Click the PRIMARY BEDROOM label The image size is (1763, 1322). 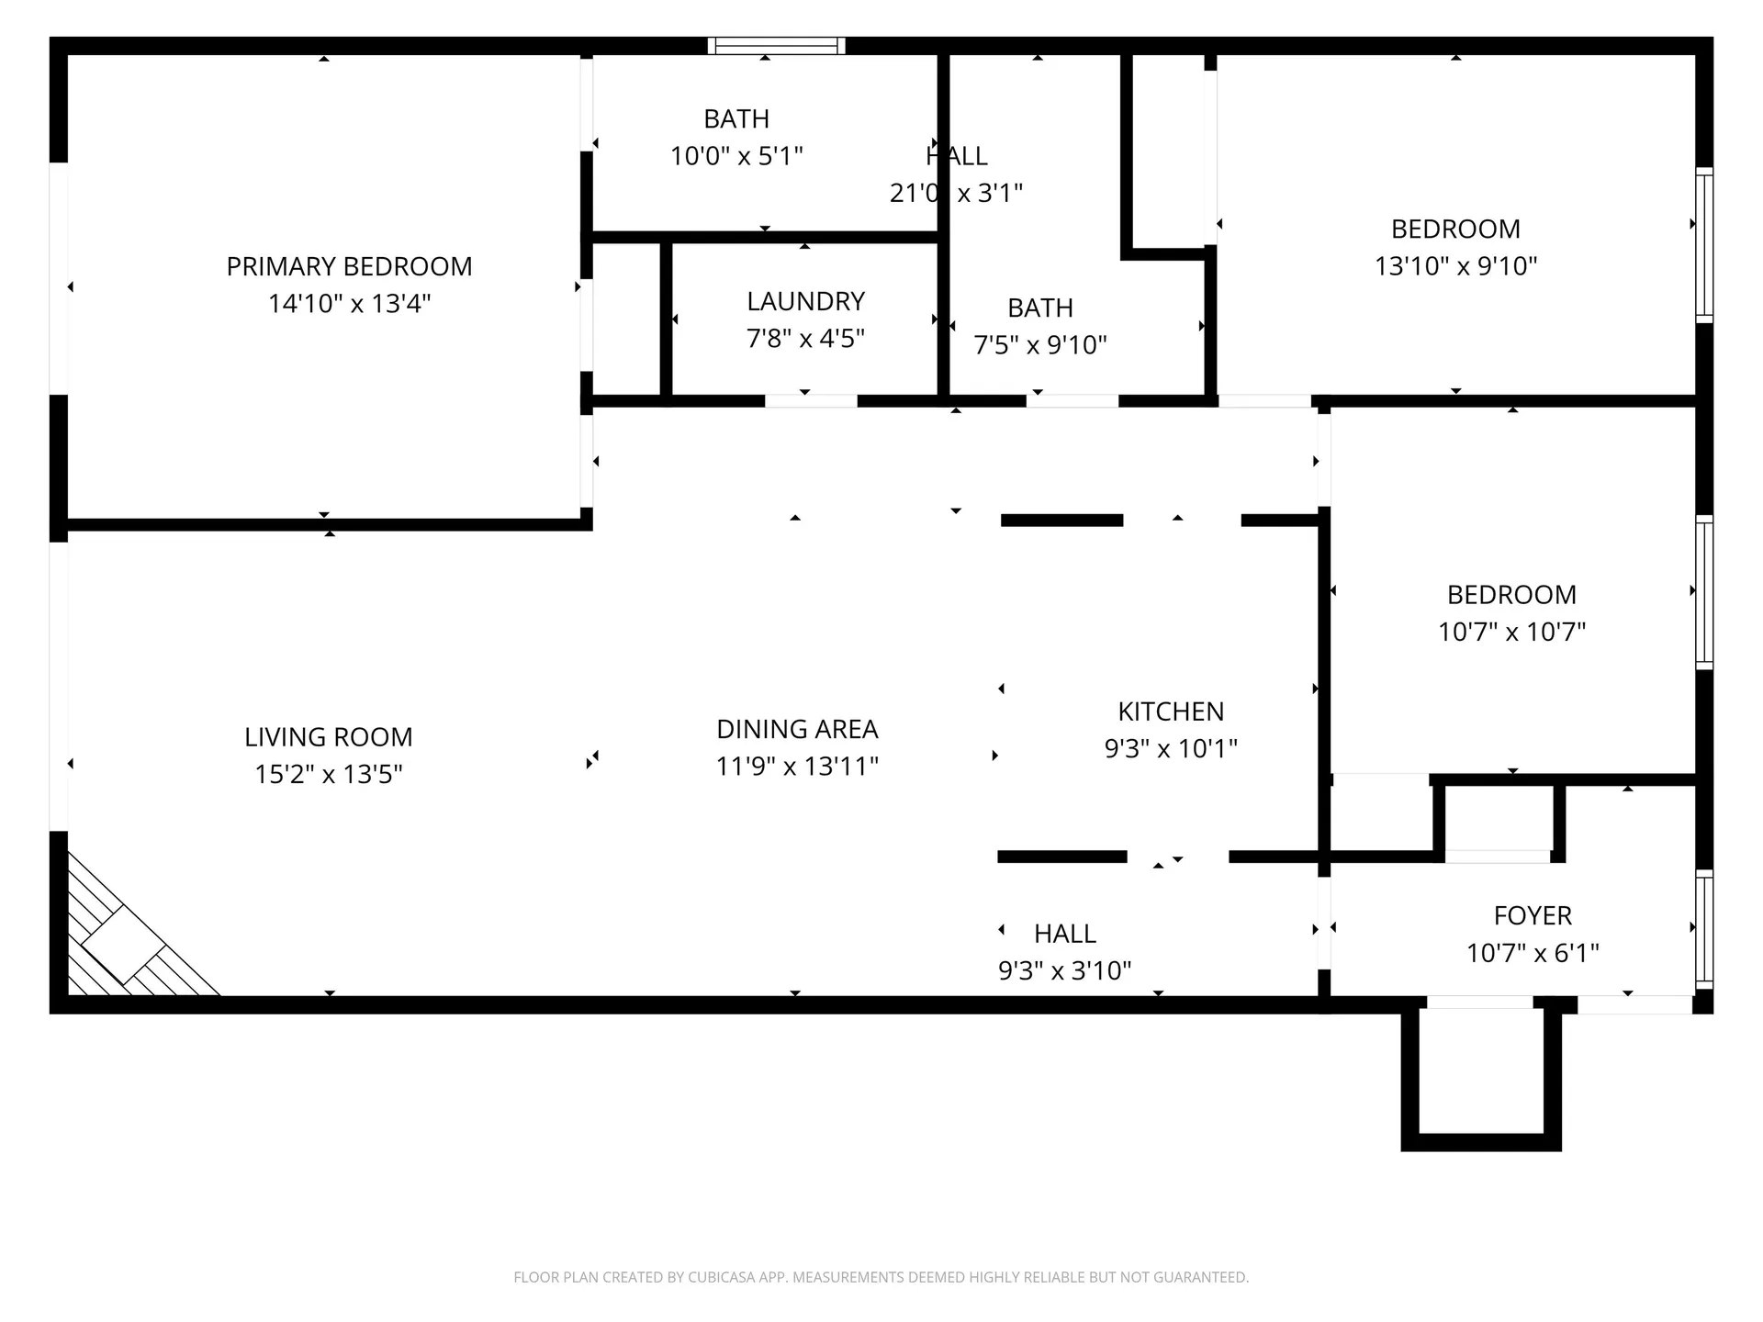[349, 266]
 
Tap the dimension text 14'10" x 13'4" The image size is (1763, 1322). [349, 304]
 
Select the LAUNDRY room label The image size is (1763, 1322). [805, 301]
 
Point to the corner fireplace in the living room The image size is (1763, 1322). [124, 946]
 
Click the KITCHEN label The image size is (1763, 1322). [1171, 711]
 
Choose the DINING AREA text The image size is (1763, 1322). [797, 729]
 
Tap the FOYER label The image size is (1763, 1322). [1533, 915]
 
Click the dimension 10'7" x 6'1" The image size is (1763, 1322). [1533, 953]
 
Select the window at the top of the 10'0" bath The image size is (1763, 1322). [776, 46]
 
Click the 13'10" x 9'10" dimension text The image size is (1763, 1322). [1455, 266]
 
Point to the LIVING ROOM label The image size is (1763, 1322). [328, 737]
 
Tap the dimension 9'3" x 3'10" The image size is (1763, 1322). [1064, 970]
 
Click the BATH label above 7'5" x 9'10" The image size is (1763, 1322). [1039, 308]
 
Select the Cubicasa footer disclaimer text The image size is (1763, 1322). [881, 1277]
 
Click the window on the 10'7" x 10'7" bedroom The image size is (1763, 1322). [1703, 592]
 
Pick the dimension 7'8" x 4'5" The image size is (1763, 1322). [805, 339]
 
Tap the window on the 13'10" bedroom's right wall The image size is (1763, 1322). [1703, 245]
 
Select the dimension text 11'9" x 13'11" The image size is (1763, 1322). [797, 766]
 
